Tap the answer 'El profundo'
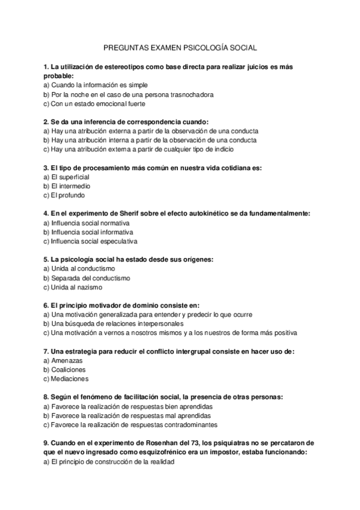tap(68, 195)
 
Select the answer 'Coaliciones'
tap(69, 370)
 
